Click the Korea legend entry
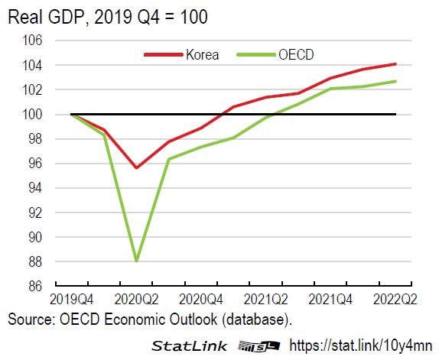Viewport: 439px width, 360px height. click(201, 54)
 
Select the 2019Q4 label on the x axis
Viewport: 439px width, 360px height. click(71, 298)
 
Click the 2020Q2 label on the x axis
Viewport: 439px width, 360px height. click(136, 298)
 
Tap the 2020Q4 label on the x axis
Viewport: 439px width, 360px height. click(201, 298)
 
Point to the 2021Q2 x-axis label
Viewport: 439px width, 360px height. click(266, 298)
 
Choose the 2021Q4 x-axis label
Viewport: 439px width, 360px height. click(330, 298)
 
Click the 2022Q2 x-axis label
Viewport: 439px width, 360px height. click(395, 298)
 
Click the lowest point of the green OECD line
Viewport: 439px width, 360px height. click(136, 261)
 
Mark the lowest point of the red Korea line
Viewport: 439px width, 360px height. click(136, 167)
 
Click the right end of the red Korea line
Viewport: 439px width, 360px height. click(395, 63)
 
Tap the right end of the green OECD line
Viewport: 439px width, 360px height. click(395, 81)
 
